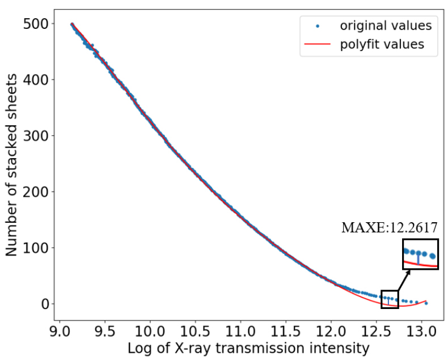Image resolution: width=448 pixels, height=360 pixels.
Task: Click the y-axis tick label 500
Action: [35, 24]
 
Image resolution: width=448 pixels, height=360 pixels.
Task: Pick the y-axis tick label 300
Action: [35, 135]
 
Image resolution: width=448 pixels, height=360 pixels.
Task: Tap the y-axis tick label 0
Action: [45, 304]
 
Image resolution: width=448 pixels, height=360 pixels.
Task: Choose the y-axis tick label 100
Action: [35, 248]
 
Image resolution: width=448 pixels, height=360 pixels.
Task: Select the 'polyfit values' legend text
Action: [382, 44]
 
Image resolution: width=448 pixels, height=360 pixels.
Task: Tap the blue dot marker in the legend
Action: [317, 26]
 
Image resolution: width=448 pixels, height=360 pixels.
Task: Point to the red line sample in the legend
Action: [317, 44]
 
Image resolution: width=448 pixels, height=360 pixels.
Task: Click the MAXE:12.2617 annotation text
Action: [389, 228]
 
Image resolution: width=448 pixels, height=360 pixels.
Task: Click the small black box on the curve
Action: [390, 299]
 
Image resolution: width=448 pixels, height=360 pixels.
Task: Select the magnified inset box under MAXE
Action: [420, 255]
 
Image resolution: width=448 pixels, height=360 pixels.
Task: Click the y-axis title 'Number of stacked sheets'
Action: [12, 164]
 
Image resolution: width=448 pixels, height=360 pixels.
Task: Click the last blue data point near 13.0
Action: [426, 303]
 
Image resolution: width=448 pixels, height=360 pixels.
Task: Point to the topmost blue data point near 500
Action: [72, 24]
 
